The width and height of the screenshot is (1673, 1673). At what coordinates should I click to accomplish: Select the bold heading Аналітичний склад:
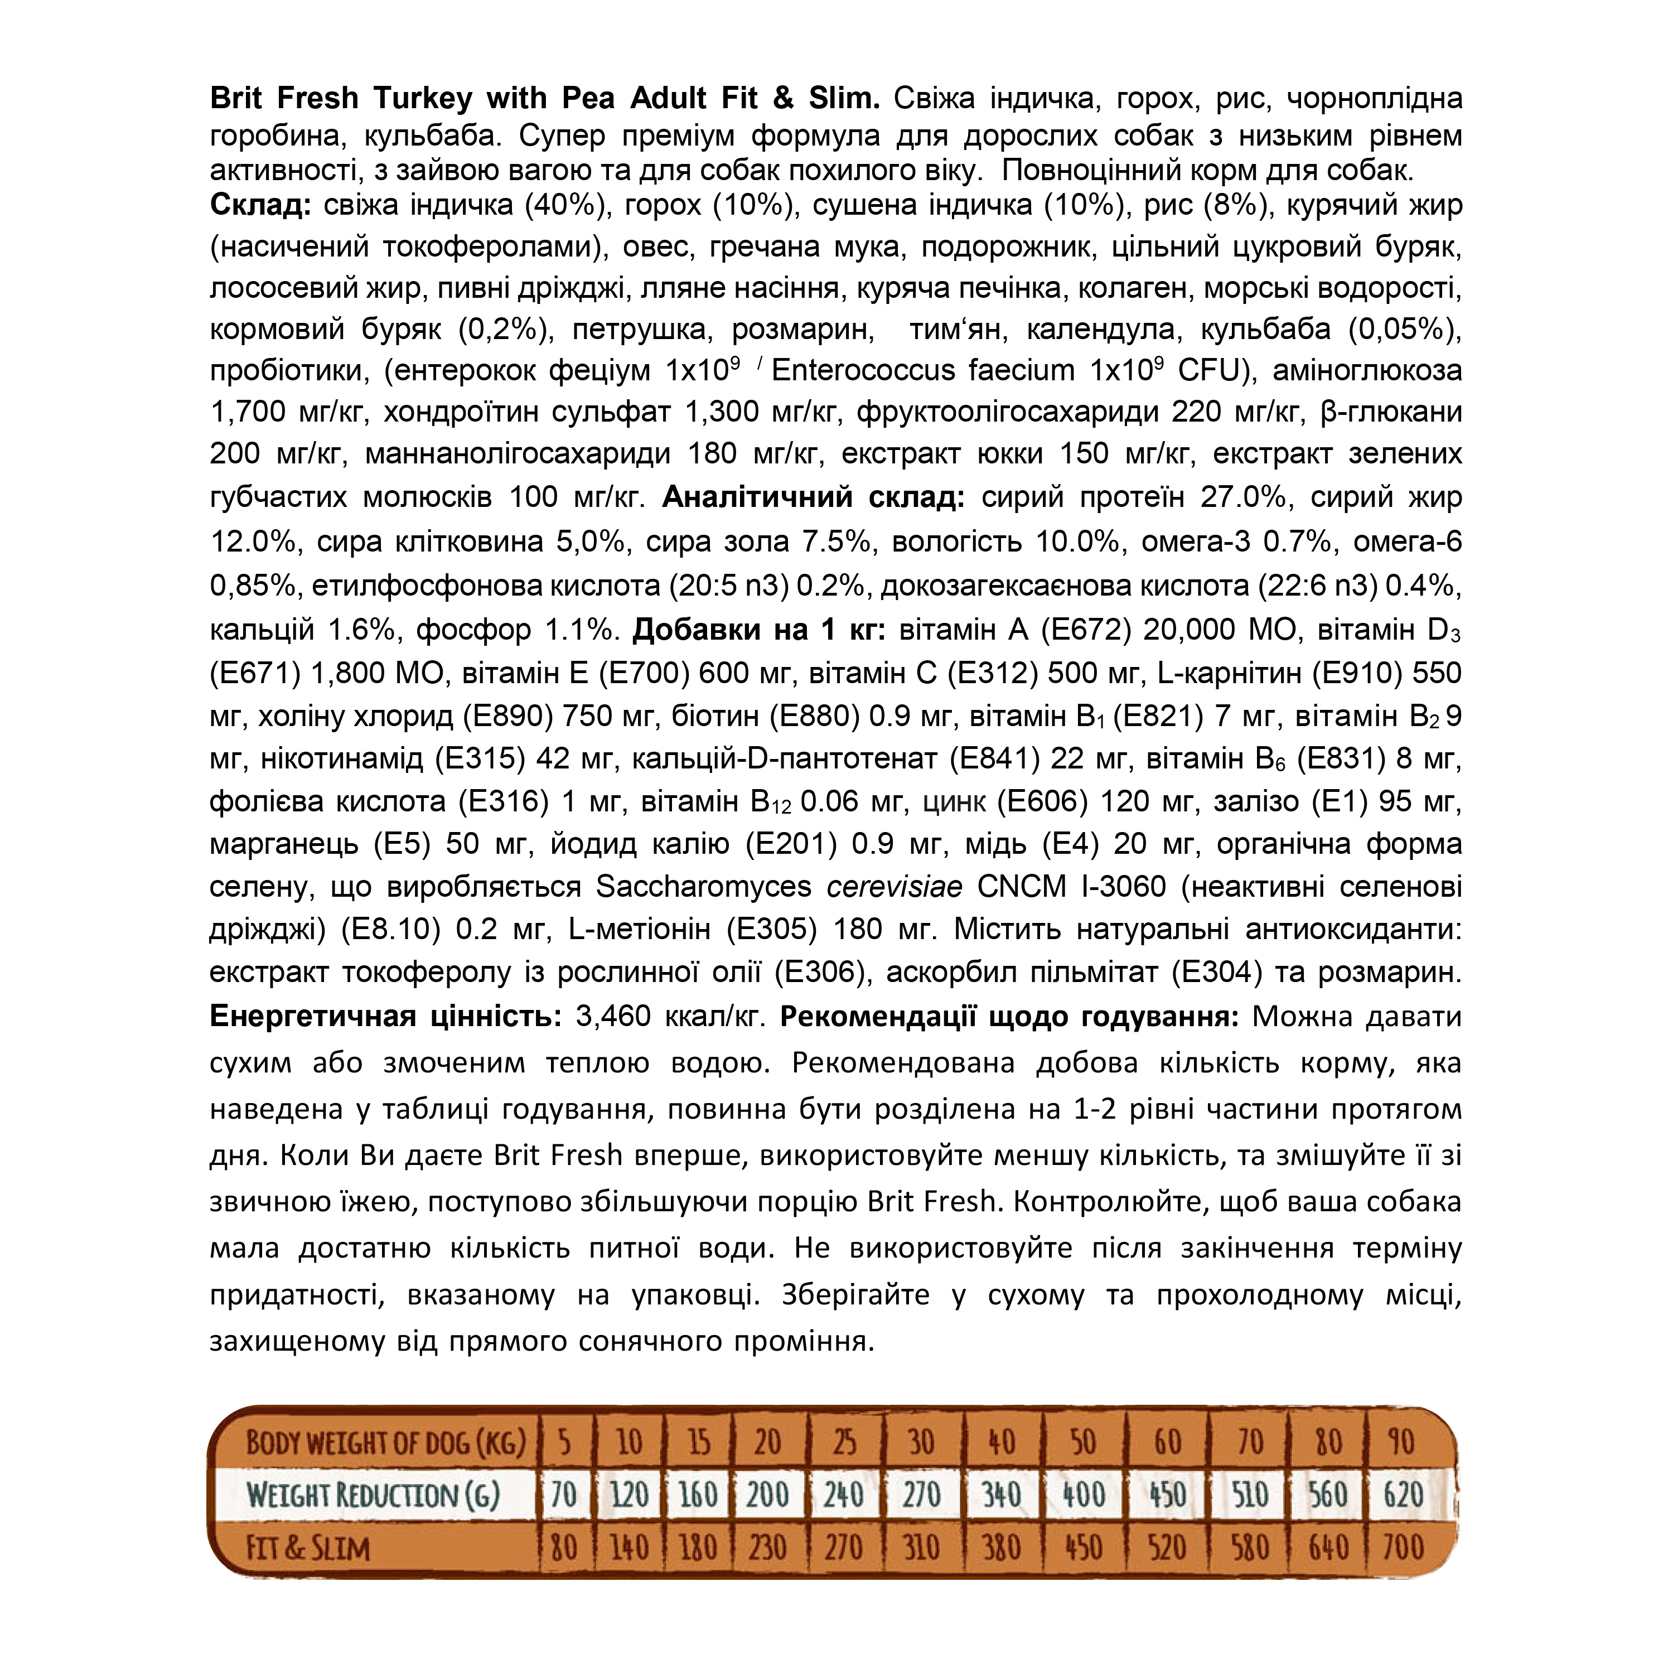click(813, 497)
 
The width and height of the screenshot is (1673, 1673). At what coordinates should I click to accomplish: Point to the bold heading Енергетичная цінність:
click(385, 1015)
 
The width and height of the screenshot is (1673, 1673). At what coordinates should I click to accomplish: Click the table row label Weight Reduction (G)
click(373, 1496)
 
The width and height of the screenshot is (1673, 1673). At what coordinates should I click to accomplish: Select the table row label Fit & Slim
click(307, 1548)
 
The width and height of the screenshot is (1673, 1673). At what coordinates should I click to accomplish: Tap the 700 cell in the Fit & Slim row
click(1403, 1548)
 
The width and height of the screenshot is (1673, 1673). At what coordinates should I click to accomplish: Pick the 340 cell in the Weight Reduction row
click(1001, 1496)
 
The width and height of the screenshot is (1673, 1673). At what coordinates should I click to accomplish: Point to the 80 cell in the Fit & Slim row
click(564, 1548)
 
